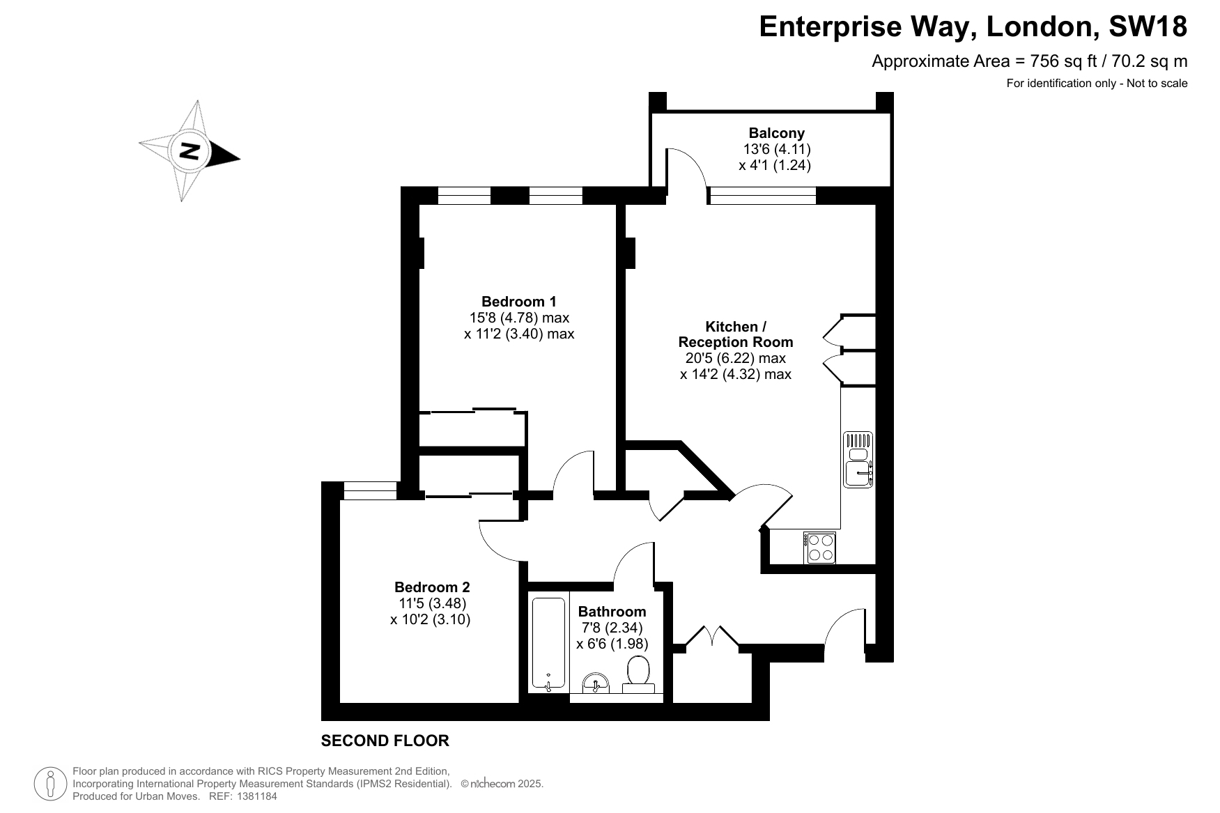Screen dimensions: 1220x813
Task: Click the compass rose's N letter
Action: coord(189,150)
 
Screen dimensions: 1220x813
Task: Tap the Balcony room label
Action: coord(777,133)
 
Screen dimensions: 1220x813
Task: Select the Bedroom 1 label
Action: coord(519,302)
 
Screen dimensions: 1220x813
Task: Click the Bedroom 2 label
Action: coord(432,587)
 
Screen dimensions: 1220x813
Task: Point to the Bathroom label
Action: coord(612,612)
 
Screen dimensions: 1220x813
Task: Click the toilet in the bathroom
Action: coord(638,675)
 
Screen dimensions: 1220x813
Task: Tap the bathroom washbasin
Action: coord(595,683)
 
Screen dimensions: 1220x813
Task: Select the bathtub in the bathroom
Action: coord(549,642)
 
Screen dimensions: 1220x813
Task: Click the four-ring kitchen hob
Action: coord(821,548)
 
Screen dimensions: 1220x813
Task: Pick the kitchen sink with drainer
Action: coord(858,460)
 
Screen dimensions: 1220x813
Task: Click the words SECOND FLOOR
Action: coord(385,741)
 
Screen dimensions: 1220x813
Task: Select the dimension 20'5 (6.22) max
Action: coord(736,358)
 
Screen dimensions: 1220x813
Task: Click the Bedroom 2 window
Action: coord(371,490)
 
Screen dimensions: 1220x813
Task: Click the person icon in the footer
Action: coord(50,784)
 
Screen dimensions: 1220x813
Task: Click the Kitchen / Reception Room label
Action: coord(736,334)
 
